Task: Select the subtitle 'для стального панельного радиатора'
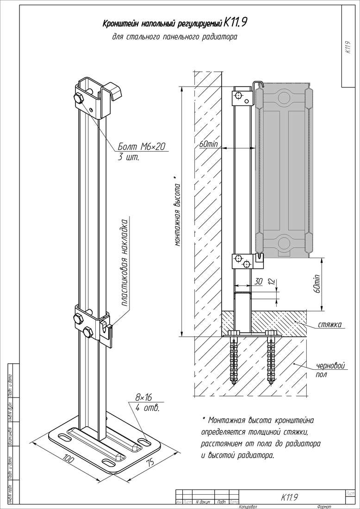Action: click(174, 37)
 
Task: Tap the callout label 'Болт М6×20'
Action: click(141, 147)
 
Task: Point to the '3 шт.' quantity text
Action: click(129, 158)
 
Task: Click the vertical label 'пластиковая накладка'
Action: click(125, 262)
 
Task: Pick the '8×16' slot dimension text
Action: click(144, 397)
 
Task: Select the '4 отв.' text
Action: click(148, 408)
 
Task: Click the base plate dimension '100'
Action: click(68, 459)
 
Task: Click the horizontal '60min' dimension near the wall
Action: click(208, 144)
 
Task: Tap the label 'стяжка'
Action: click(330, 324)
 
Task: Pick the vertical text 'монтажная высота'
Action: click(177, 213)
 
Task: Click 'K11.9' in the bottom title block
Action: click(290, 497)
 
